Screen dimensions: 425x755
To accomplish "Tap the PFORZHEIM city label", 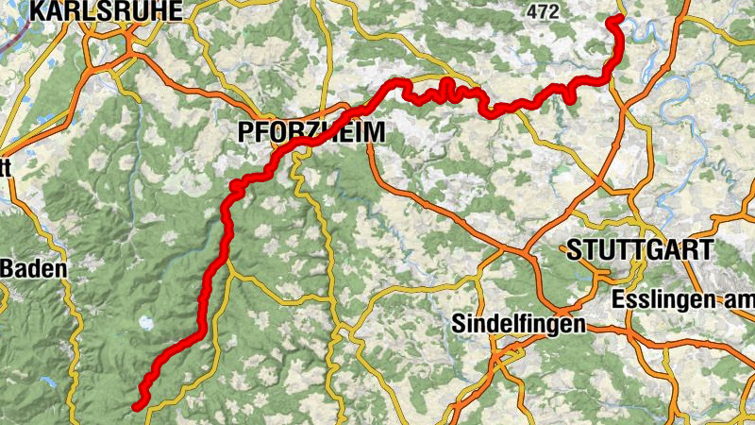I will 312,133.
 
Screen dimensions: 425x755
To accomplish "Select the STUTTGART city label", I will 639,250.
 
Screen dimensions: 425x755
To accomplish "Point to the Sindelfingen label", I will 519,323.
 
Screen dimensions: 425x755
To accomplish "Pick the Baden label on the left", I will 33,269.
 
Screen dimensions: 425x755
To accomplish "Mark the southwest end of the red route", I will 137,406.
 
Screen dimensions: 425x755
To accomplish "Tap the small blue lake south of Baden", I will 45,382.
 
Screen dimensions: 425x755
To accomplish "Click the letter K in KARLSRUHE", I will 39,10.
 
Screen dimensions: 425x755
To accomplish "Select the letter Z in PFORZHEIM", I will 304,133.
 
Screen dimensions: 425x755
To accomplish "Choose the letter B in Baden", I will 8,269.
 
